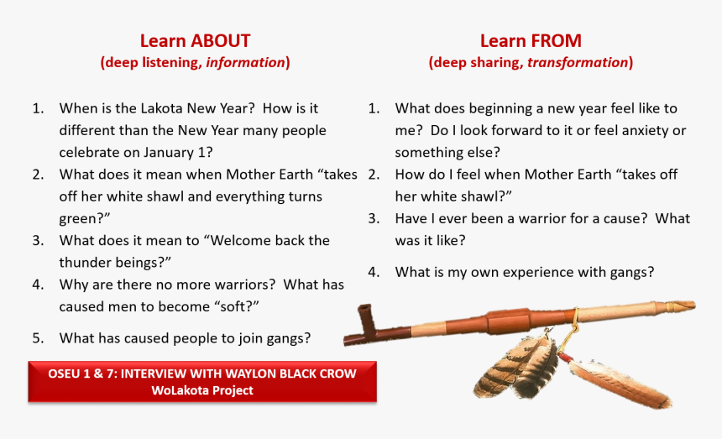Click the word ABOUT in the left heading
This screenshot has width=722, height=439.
[x=221, y=41]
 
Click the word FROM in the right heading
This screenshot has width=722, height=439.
[x=555, y=41]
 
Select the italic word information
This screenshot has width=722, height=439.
[x=245, y=62]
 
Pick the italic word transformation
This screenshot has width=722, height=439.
[x=578, y=62]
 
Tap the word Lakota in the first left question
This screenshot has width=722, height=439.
[x=161, y=108]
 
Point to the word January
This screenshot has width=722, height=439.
[x=170, y=152]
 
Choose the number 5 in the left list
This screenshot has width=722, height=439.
[x=36, y=338]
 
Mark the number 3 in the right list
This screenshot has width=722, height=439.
[x=372, y=218]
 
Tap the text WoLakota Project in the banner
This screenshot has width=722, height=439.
[x=202, y=390]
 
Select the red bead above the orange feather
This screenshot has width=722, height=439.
[x=565, y=358]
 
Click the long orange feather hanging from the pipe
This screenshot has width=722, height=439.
[x=620, y=384]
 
